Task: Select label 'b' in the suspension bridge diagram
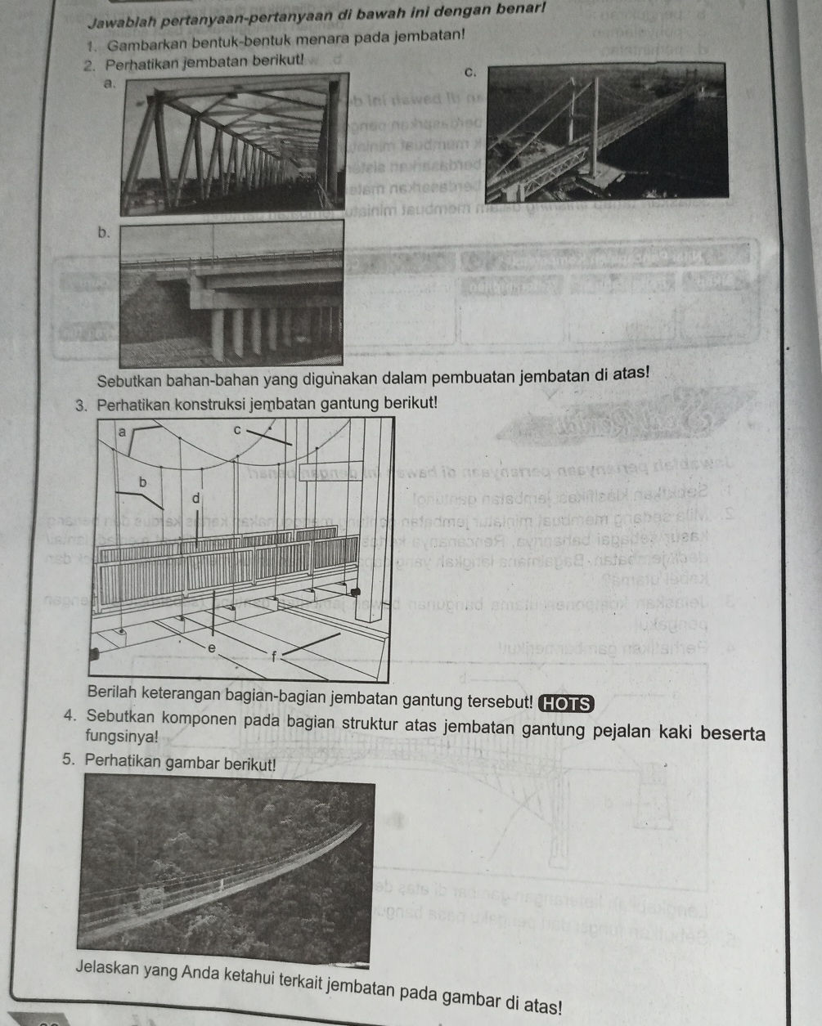[145, 482]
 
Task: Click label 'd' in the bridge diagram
[195, 497]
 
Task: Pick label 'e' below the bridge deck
[211, 647]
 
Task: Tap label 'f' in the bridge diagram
[274, 654]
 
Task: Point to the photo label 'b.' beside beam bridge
[103, 232]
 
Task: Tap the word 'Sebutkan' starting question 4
[114, 719]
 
